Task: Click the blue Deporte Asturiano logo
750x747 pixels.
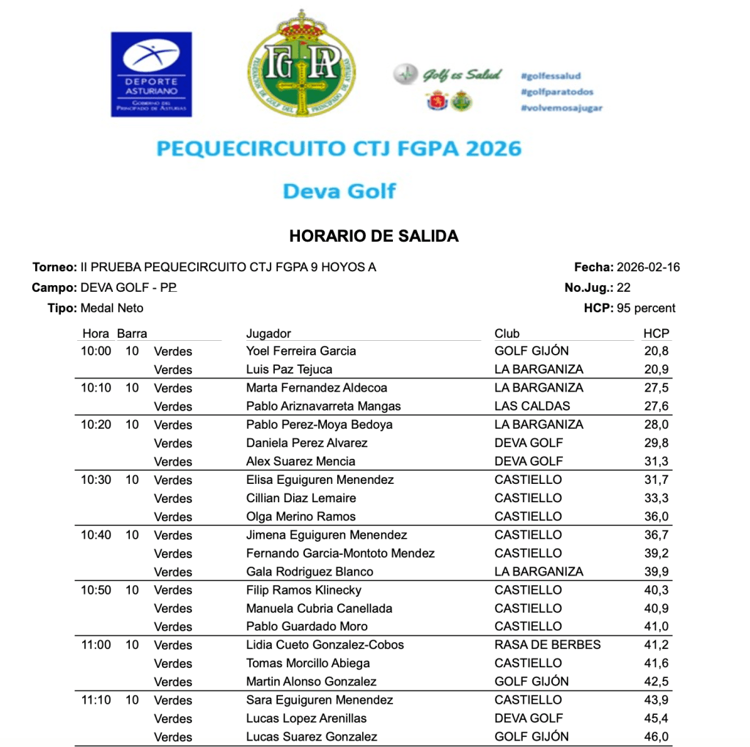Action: click(151, 74)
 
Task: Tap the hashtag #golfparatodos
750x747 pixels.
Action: click(556, 92)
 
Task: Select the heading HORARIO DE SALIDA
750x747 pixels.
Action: click(374, 236)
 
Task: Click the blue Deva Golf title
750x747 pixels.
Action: click(339, 191)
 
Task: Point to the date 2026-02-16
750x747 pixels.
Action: click(648, 267)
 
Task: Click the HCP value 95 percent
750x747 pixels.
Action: click(646, 308)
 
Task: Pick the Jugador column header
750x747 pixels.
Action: click(268, 334)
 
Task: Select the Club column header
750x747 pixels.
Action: click(507, 334)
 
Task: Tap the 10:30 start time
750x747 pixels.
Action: click(95, 479)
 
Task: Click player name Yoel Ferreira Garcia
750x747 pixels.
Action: click(301, 351)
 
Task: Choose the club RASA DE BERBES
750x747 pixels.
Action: click(547, 645)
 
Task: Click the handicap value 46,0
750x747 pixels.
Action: click(656, 737)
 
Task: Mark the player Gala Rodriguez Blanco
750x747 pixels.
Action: click(309, 572)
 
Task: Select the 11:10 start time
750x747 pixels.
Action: click(95, 700)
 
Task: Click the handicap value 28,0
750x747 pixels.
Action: click(656, 424)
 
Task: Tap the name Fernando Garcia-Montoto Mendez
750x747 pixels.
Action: click(340, 553)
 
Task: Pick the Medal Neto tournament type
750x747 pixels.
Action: click(111, 308)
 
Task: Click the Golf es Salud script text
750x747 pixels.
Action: click(461, 75)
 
